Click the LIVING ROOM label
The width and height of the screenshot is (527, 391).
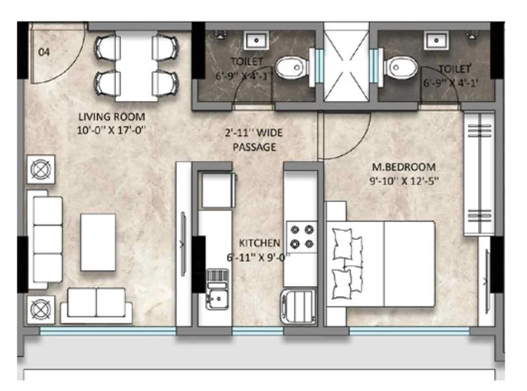(112, 117)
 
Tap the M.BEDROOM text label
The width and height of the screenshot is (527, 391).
(403, 167)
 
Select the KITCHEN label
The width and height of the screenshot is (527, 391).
(259, 243)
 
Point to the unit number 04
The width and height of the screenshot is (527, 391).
(44, 52)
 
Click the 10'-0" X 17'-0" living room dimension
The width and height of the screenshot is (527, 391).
(111, 130)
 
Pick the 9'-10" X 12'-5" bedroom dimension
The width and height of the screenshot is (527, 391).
(404, 181)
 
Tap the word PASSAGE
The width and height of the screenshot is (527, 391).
(255, 147)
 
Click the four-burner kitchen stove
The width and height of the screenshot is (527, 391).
(302, 237)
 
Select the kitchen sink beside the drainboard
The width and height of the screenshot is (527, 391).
(217, 296)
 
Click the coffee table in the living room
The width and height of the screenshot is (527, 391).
(98, 242)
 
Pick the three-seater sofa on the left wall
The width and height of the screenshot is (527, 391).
(45, 239)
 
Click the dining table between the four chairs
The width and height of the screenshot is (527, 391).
(136, 66)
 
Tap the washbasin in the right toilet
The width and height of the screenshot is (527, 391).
(436, 40)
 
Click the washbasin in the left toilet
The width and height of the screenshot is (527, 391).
(256, 40)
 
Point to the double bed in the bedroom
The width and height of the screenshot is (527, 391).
(381, 263)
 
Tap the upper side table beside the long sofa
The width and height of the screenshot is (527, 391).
(40, 169)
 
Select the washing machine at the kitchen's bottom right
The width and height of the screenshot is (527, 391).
(299, 306)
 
